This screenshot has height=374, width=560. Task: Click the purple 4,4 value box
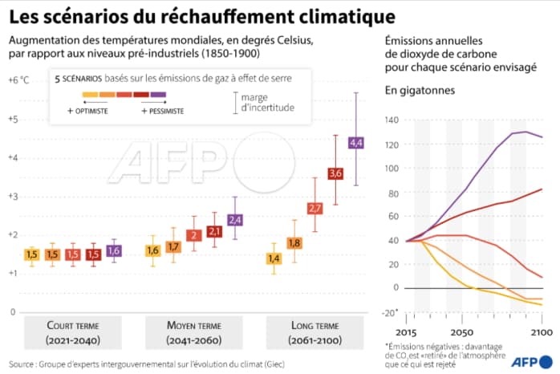point(356,143)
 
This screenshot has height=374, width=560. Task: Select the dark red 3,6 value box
point(335,173)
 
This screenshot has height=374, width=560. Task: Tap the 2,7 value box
point(315,209)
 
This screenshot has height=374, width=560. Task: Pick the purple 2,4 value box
point(235,219)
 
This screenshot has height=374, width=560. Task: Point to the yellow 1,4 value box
point(274,258)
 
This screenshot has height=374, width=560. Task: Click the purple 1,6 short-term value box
point(113,250)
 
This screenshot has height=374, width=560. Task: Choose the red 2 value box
point(193,235)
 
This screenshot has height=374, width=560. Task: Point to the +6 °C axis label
point(18,80)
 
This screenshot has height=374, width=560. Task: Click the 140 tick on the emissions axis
point(391,120)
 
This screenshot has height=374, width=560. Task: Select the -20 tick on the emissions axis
point(390,311)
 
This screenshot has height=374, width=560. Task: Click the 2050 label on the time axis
point(461,331)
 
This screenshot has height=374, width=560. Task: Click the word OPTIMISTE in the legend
point(89,111)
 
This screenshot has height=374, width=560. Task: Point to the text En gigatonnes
point(420,91)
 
